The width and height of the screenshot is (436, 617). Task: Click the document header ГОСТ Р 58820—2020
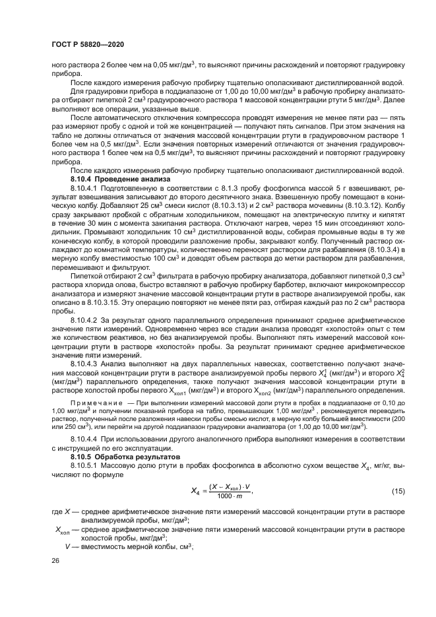[x=87, y=44]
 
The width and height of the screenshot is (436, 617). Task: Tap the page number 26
[x=56, y=560]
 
